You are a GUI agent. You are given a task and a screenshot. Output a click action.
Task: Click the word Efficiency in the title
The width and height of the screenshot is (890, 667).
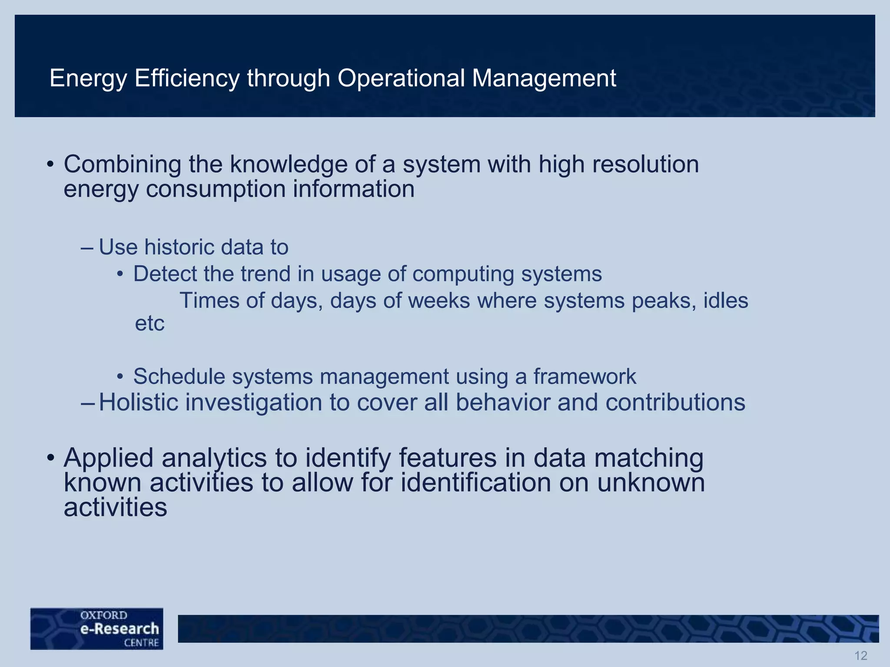[187, 79]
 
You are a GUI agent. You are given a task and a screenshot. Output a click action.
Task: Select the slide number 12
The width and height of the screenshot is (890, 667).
[860, 655]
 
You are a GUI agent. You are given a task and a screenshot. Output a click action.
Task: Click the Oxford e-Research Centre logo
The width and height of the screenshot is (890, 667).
[97, 628]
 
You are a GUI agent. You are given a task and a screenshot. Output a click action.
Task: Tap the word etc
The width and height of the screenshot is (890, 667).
[149, 324]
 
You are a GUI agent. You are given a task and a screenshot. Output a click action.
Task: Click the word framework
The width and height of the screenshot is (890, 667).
[584, 376]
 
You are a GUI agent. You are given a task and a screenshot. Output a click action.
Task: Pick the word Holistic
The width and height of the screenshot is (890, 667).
[139, 402]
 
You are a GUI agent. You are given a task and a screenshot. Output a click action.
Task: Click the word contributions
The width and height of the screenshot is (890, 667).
[675, 402]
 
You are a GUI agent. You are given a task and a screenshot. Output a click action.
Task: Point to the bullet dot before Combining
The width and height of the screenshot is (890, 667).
[50, 165]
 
